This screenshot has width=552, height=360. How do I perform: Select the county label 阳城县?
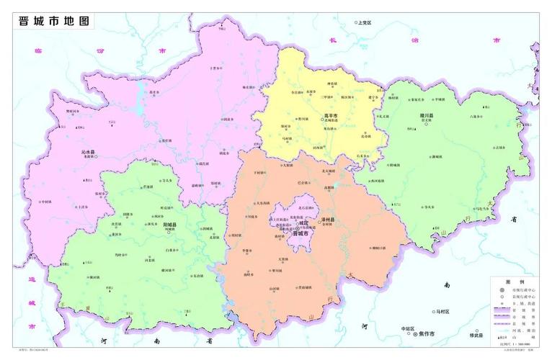tap(170, 225)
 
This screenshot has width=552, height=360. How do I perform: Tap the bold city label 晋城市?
tap(301, 234)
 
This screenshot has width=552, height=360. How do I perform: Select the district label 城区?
tap(303, 222)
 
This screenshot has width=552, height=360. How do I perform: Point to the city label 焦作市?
tap(429, 334)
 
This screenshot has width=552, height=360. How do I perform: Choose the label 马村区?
tap(442, 312)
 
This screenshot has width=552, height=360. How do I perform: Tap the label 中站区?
tap(409, 329)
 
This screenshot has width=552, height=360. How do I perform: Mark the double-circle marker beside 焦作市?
tap(415, 335)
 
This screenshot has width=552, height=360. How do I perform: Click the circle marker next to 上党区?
tap(356, 23)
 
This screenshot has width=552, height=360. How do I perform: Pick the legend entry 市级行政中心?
tap(522, 289)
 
